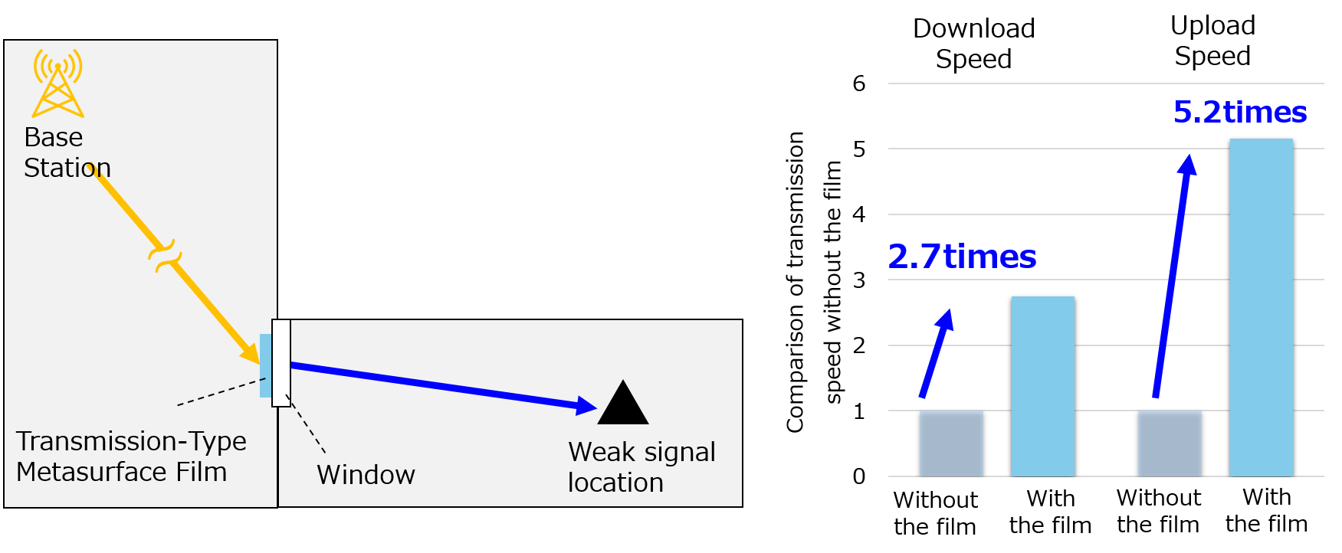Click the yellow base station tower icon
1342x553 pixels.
(57, 83)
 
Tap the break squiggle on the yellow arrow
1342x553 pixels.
(165, 256)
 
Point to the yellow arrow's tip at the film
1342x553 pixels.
(252, 356)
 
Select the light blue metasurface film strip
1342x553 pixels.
(265, 365)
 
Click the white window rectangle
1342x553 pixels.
(281, 362)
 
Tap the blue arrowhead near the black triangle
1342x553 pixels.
(586, 406)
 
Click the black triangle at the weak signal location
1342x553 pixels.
(623, 404)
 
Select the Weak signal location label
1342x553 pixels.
(641, 467)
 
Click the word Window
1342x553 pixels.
(366, 475)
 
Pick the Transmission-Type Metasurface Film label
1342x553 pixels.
(130, 456)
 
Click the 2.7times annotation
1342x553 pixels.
(962, 257)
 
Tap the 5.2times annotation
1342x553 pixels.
(1239, 113)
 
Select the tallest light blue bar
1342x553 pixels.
(1261, 306)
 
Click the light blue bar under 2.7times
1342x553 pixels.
(1042, 386)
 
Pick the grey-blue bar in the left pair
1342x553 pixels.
(951, 443)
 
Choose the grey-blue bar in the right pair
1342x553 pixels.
(1170, 443)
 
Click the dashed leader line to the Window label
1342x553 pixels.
(307, 426)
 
